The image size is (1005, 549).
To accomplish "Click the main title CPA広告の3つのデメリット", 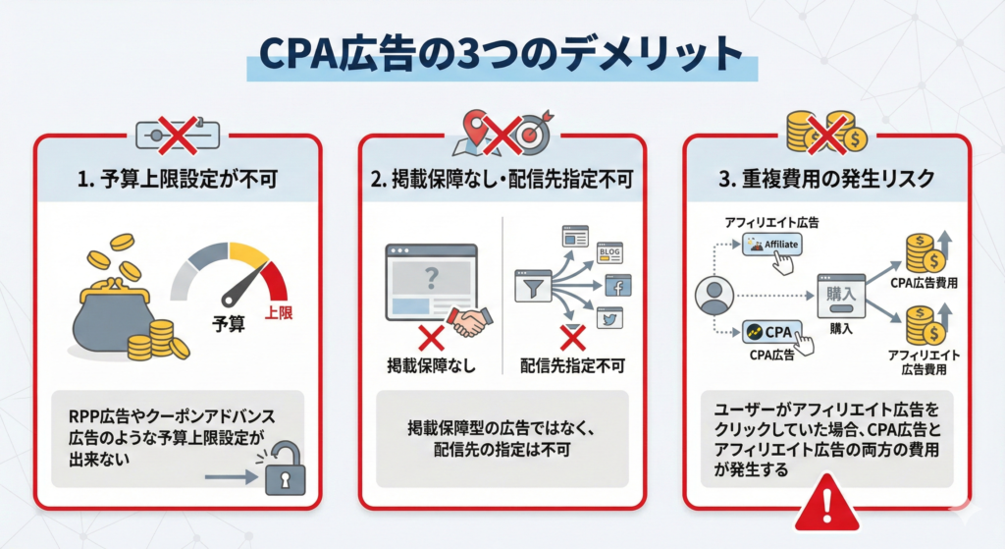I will [502, 55].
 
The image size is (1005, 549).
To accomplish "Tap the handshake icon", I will [472, 322].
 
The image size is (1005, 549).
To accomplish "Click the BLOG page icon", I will [609, 253].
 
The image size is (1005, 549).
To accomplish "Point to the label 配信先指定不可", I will [575, 366].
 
